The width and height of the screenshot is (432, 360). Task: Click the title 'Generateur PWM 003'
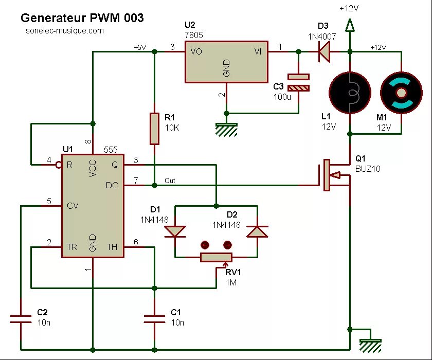[x=82, y=18]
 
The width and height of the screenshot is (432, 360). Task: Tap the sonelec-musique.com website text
[x=65, y=31]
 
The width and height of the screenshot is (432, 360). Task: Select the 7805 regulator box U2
[x=226, y=62]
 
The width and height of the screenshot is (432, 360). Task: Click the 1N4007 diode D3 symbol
[x=323, y=51]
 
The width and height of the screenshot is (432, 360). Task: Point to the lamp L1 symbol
[x=350, y=93]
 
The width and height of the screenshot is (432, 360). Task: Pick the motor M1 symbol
[x=401, y=93]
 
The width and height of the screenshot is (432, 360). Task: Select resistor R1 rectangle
[x=154, y=129]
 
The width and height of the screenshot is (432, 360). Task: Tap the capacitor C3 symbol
[x=298, y=82]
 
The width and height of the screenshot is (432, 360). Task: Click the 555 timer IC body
[x=93, y=206]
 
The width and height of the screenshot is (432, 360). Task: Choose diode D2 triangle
[x=257, y=231]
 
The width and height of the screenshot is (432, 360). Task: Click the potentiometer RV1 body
[x=216, y=257]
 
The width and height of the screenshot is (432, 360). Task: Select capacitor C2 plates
[x=21, y=319]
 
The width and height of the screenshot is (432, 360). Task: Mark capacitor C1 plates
[x=154, y=319]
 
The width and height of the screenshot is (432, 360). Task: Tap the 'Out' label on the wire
[x=170, y=181]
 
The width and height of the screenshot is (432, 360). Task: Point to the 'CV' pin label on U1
[x=73, y=206]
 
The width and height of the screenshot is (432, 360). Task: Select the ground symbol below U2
[x=226, y=129]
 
